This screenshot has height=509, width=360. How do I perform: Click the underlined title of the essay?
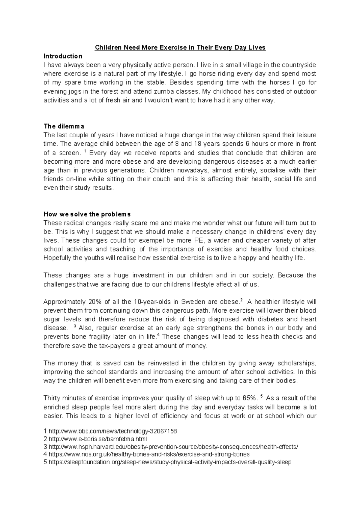[x=180, y=48]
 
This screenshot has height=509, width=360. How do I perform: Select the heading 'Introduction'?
[x=63, y=56]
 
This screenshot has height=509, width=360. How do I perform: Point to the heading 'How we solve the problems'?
[x=87, y=214]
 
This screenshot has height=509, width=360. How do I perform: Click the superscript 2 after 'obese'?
[x=241, y=300]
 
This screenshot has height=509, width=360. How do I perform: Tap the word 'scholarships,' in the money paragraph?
[x=297, y=363]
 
